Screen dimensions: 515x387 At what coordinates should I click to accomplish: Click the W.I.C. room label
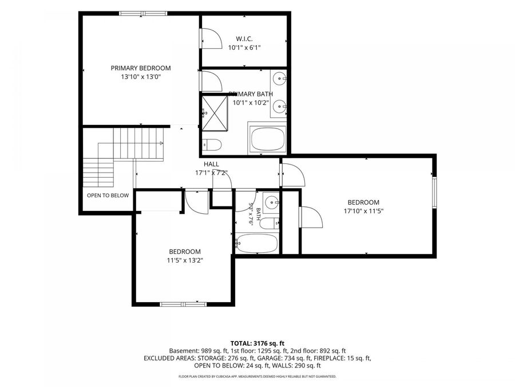click(x=244, y=39)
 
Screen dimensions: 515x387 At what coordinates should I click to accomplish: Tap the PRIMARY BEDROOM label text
click(x=141, y=68)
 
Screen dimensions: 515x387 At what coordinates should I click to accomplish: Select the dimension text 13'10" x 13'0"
click(x=141, y=77)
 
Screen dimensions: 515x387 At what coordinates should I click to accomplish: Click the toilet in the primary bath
click(x=212, y=144)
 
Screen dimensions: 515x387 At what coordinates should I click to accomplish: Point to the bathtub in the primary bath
click(x=267, y=139)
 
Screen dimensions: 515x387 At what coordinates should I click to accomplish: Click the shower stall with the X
click(x=215, y=113)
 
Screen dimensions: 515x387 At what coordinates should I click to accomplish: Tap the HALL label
click(x=211, y=164)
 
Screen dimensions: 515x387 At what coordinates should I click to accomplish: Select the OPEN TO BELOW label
click(x=108, y=196)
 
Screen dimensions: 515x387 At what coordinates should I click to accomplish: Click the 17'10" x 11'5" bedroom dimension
click(x=363, y=211)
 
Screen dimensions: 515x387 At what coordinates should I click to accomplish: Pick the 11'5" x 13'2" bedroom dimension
click(x=185, y=261)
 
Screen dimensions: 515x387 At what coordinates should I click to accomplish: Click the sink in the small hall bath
click(x=271, y=202)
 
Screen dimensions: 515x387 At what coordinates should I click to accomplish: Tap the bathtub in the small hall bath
click(x=257, y=244)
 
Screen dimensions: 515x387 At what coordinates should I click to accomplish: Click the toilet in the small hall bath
click(x=270, y=224)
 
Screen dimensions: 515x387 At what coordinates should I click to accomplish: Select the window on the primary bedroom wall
click(x=143, y=14)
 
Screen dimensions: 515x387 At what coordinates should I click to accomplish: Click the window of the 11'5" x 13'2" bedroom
click(x=183, y=304)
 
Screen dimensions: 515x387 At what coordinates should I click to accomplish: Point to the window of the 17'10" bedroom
click(x=434, y=193)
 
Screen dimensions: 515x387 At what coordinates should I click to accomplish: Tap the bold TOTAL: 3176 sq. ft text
click(x=257, y=344)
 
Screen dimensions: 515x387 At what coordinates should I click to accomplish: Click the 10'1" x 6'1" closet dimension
click(x=244, y=48)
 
